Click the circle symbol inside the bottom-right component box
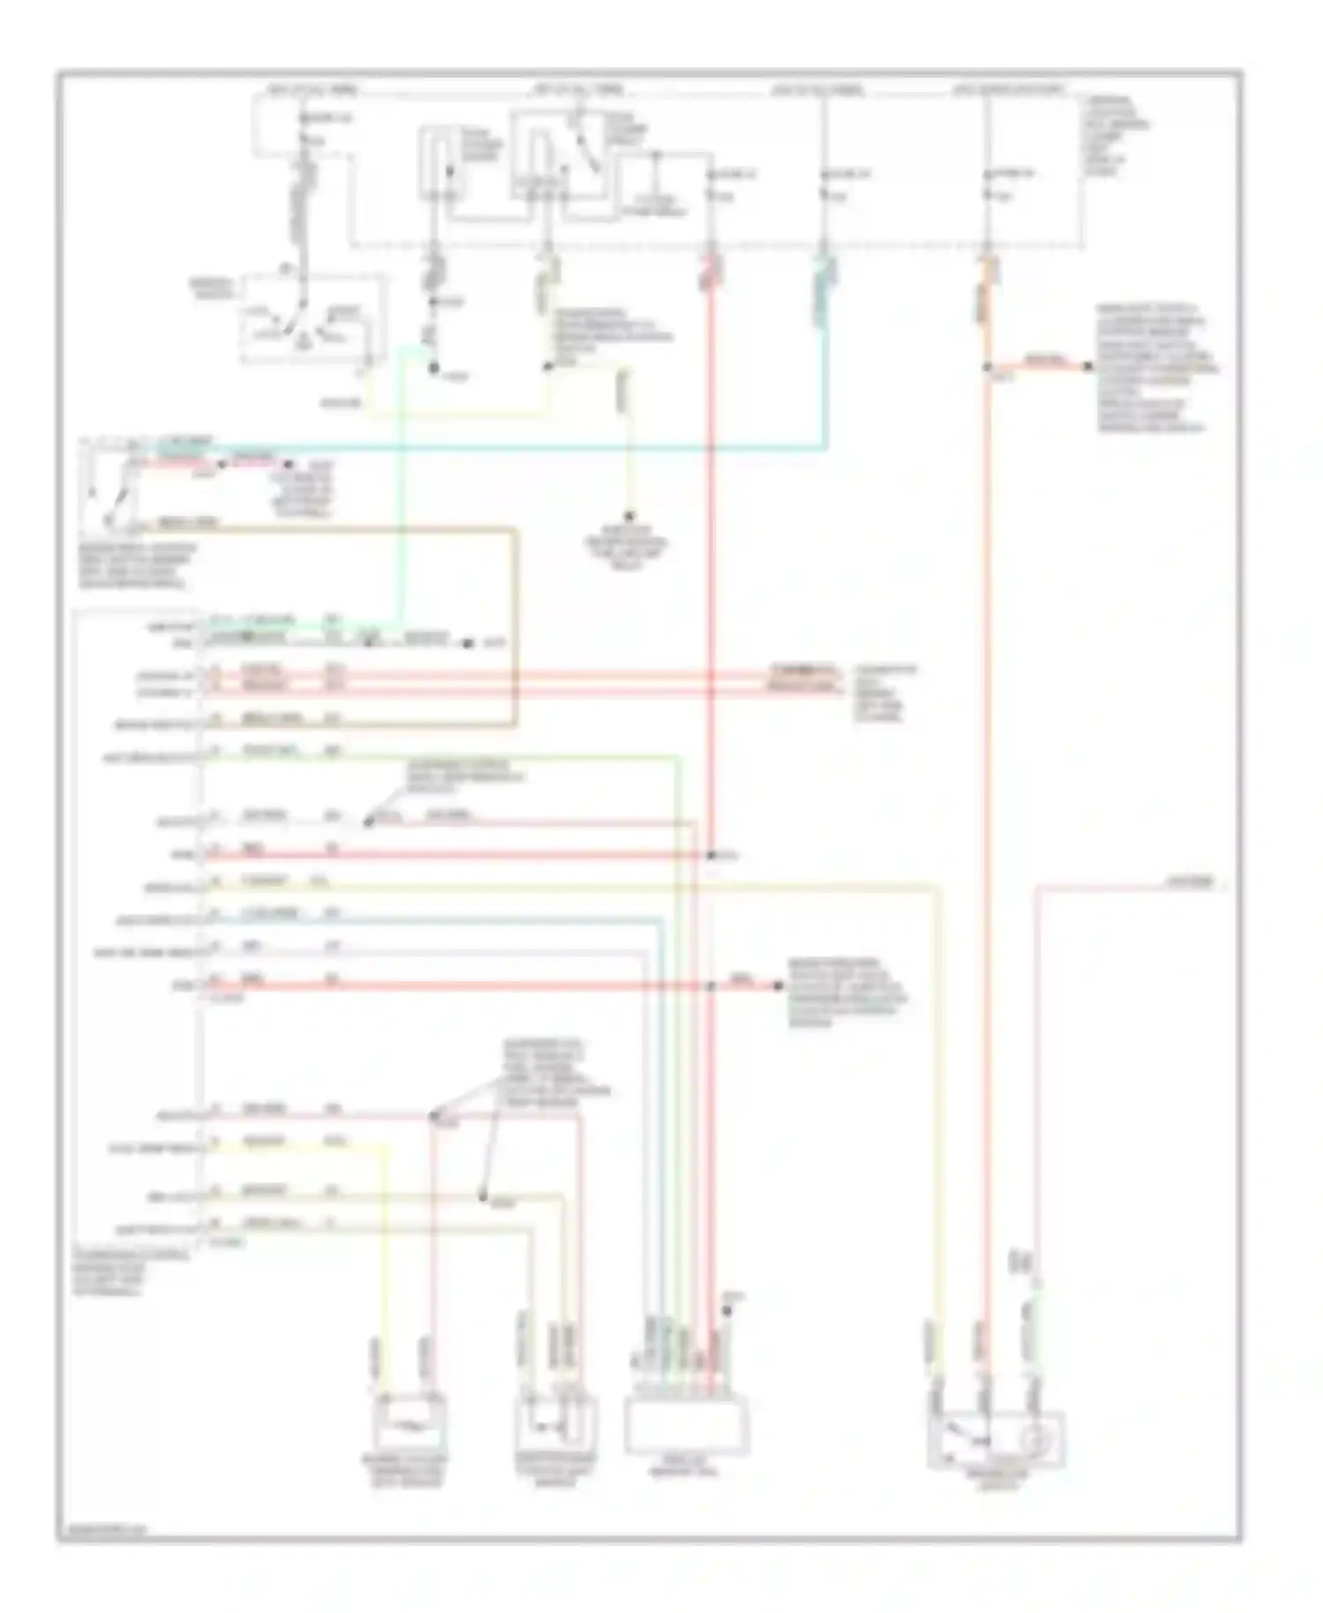click(1033, 1439)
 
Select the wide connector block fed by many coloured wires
click(686, 1426)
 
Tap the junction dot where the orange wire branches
click(987, 366)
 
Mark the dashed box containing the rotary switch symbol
click(313, 318)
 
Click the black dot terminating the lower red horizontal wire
click(779, 986)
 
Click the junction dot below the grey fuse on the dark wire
click(435, 368)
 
